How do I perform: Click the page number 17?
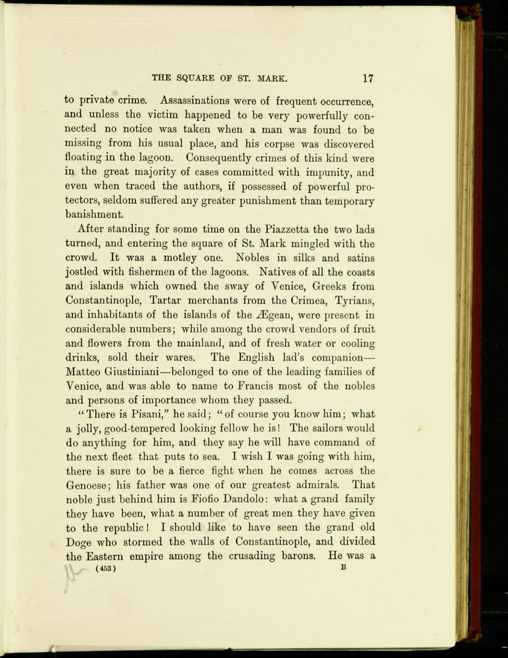pos(367,78)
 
